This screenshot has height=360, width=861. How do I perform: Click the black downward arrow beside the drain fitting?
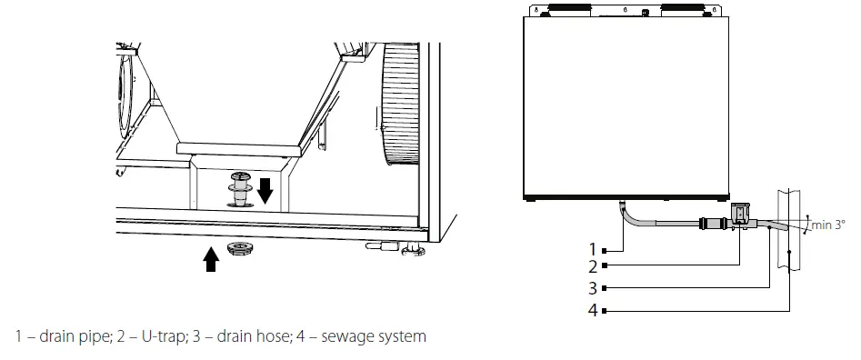(265, 191)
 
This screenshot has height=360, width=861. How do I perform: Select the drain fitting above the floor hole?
(239, 185)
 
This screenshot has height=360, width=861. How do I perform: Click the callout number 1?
(592, 248)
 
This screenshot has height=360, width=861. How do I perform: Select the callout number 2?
(592, 266)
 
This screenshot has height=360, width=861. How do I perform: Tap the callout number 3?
(592, 289)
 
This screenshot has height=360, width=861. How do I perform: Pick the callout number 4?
(592, 311)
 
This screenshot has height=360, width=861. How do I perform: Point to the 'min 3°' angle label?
(828, 225)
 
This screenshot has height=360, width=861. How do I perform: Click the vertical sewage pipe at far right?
(790, 236)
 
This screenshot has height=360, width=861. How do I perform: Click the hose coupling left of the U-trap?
(706, 221)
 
